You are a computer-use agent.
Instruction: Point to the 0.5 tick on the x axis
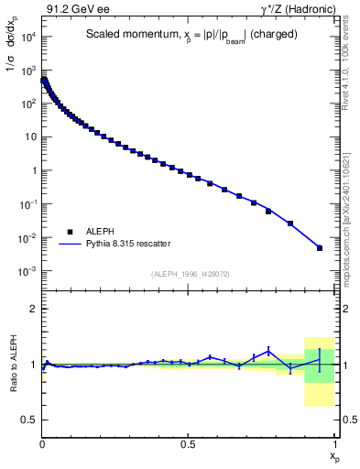[x=189, y=444]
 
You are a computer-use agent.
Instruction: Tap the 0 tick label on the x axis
[x=43, y=444]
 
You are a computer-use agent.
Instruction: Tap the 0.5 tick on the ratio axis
[x=29, y=420]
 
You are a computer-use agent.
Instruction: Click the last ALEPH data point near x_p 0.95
[x=320, y=247]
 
